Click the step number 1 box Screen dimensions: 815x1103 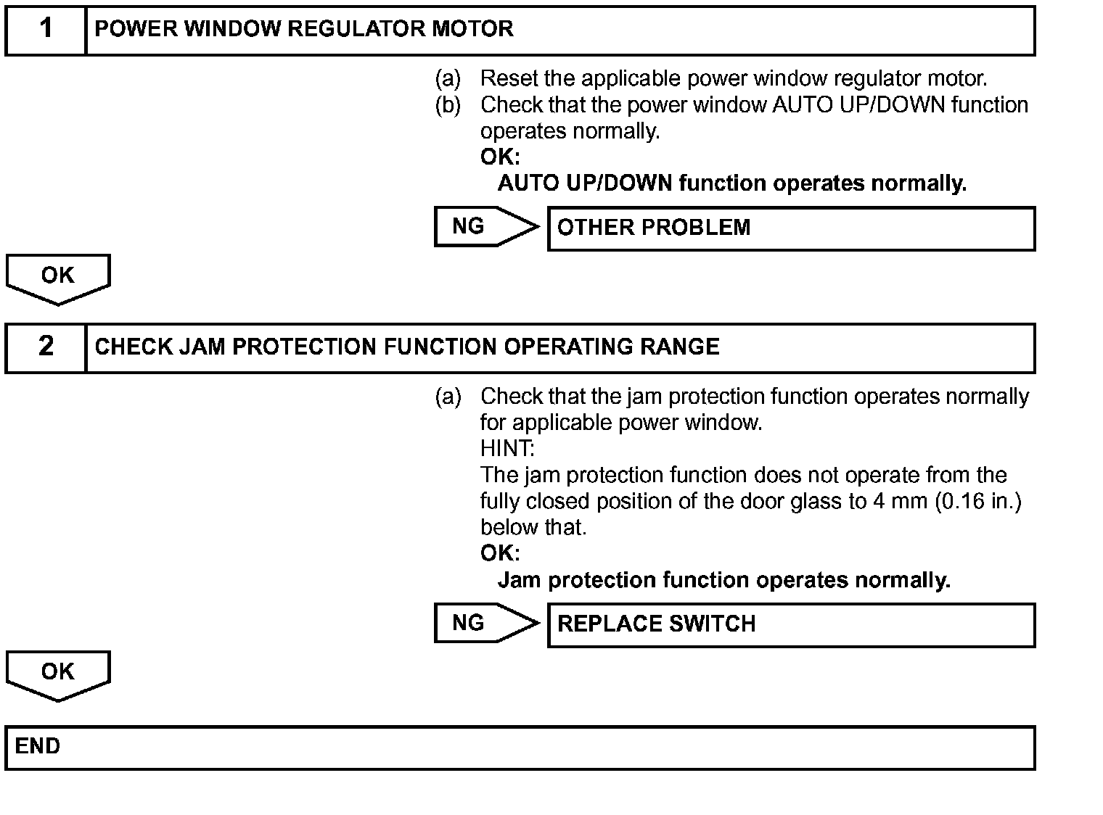pos(46,30)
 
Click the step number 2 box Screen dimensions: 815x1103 pos(46,347)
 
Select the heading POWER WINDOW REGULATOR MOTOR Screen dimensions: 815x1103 pos(304,29)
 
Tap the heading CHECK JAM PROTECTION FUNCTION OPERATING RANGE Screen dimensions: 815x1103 pos(407,347)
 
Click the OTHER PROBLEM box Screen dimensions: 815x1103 pos(791,228)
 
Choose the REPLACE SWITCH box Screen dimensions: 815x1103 pos(791,624)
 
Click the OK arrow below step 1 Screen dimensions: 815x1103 pos(58,278)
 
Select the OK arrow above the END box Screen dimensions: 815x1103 pos(58,674)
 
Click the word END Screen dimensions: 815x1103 pos(38,746)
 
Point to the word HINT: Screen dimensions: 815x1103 pos(507,448)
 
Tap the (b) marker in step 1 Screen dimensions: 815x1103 pos(448,105)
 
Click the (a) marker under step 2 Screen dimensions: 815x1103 pos(448,397)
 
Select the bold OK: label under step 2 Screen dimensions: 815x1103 pos(500,553)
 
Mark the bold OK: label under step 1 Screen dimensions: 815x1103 pos(500,157)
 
